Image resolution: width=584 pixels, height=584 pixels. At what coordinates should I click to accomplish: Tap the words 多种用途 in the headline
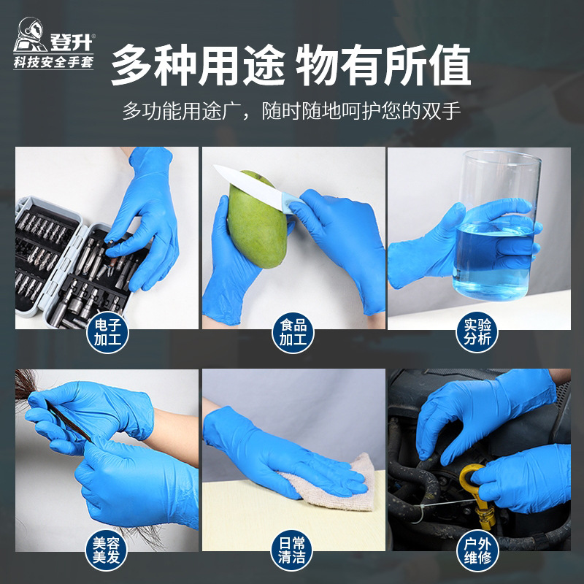point(197,66)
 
